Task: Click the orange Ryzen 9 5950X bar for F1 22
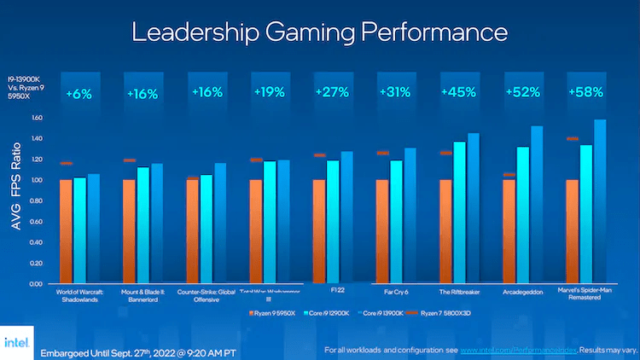[318, 230]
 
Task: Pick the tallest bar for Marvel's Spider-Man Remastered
[600, 201]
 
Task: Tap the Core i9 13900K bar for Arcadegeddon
[537, 205]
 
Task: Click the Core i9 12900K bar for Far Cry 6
[395, 222]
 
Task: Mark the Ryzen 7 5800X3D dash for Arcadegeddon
[509, 175]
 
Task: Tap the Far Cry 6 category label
[395, 290]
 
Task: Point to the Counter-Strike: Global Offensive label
[207, 294]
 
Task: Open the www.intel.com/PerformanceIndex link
[520, 350]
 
